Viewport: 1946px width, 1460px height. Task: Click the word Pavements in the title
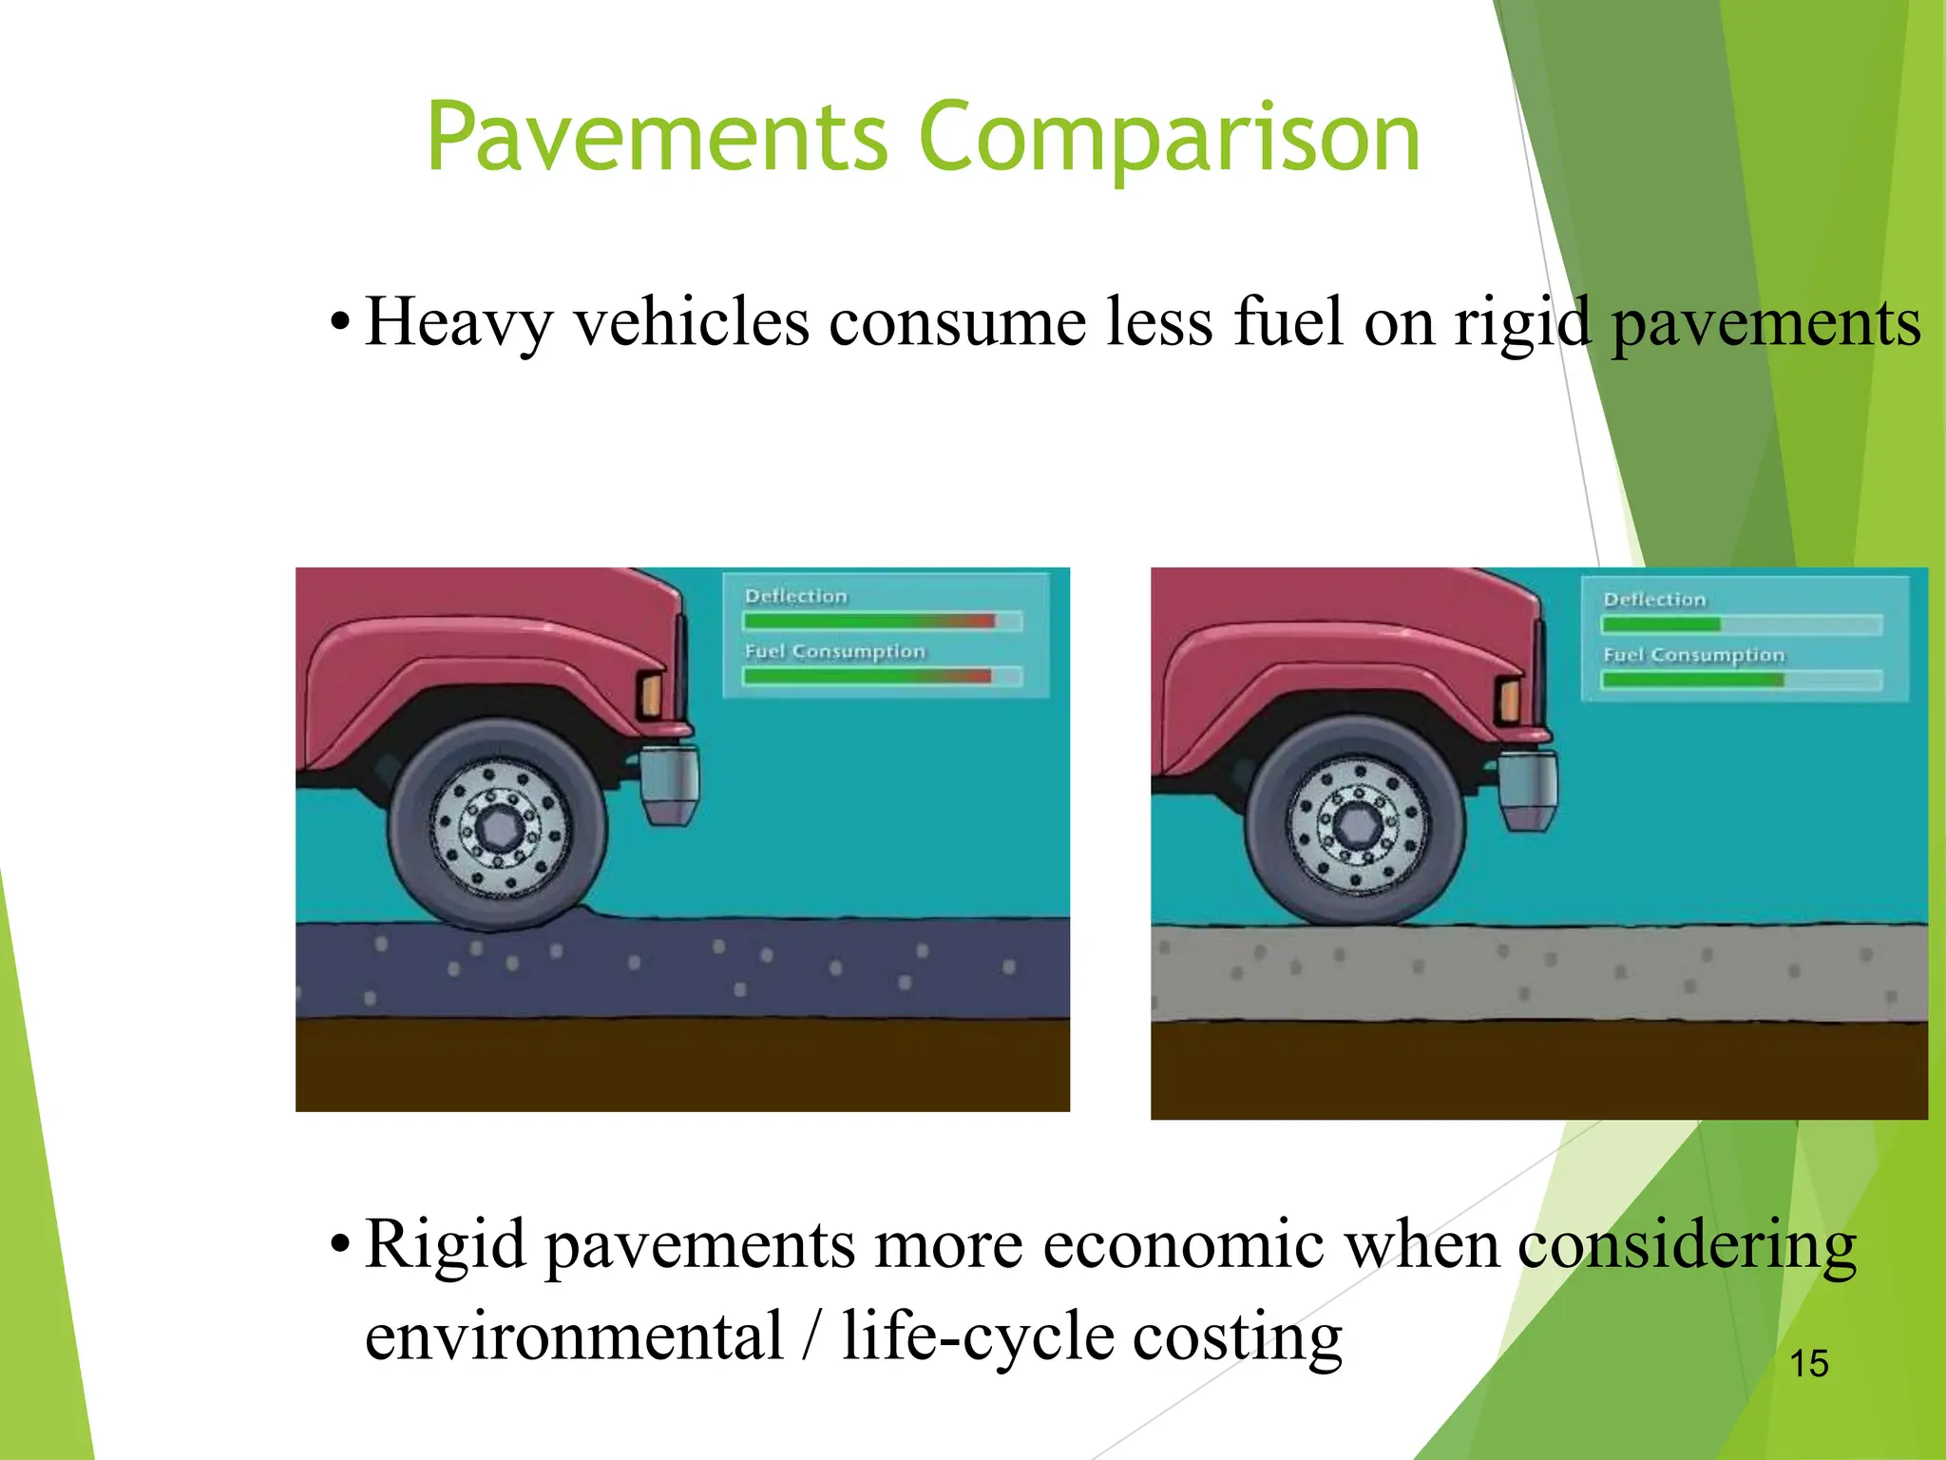point(657,138)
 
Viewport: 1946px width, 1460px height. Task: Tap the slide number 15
point(1808,1363)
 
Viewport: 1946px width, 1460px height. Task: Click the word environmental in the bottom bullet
point(574,1336)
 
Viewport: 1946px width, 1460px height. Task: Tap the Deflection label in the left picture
point(795,596)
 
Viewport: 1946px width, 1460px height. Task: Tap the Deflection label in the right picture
point(1654,600)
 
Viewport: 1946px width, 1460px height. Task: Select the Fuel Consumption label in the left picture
point(834,651)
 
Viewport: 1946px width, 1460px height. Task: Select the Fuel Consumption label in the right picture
point(1693,655)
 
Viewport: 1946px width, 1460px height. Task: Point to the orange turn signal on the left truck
point(651,693)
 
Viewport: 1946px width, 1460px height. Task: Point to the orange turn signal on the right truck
point(1509,701)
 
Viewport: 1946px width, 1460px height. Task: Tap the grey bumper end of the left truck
point(671,784)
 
